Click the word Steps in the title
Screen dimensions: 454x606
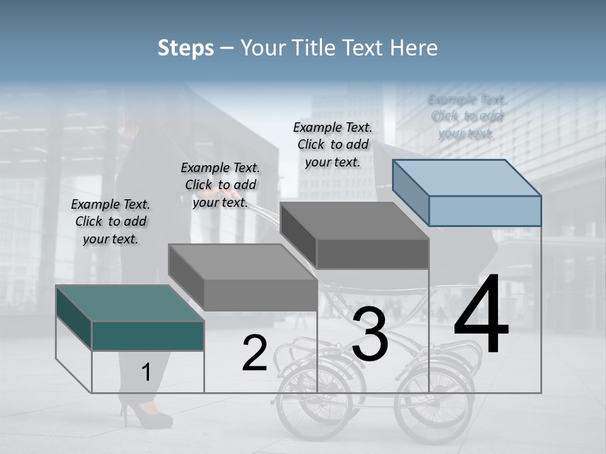click(x=185, y=48)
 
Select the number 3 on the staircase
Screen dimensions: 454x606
click(x=370, y=334)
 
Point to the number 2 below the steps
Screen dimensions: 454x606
click(x=254, y=353)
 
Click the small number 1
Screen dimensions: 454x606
click(x=146, y=373)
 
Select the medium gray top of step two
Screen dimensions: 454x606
click(x=243, y=262)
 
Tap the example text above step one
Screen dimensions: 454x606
click(x=110, y=221)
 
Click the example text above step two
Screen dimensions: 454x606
click(x=220, y=185)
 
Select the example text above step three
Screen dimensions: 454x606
click(x=333, y=144)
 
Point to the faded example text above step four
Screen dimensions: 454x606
click(x=466, y=116)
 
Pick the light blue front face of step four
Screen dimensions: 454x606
click(x=485, y=211)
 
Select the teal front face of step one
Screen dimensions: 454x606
click(x=148, y=335)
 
